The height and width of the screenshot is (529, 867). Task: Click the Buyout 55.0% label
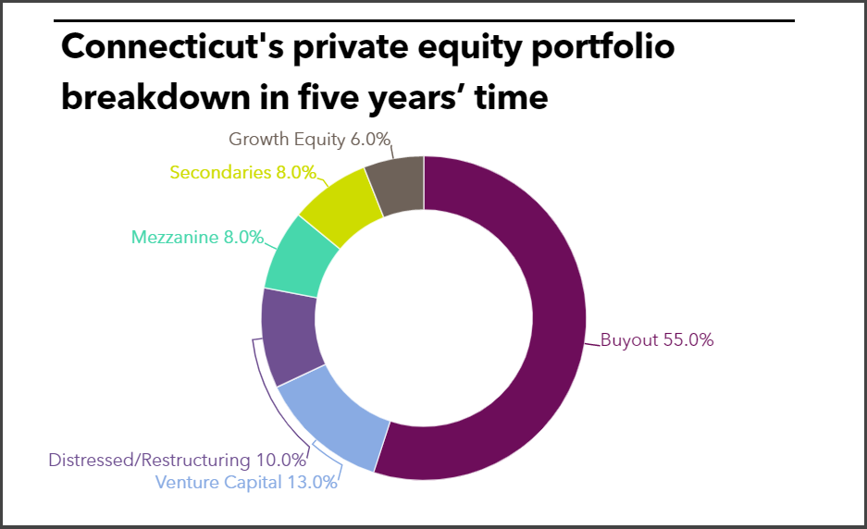(x=657, y=339)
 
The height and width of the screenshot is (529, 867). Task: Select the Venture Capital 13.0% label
(x=246, y=482)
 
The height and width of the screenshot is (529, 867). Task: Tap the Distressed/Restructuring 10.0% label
(x=177, y=460)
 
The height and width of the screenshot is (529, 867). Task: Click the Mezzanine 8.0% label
(x=197, y=237)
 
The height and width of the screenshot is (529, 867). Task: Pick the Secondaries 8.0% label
(x=243, y=172)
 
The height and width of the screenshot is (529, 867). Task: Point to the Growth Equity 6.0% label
(x=309, y=140)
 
